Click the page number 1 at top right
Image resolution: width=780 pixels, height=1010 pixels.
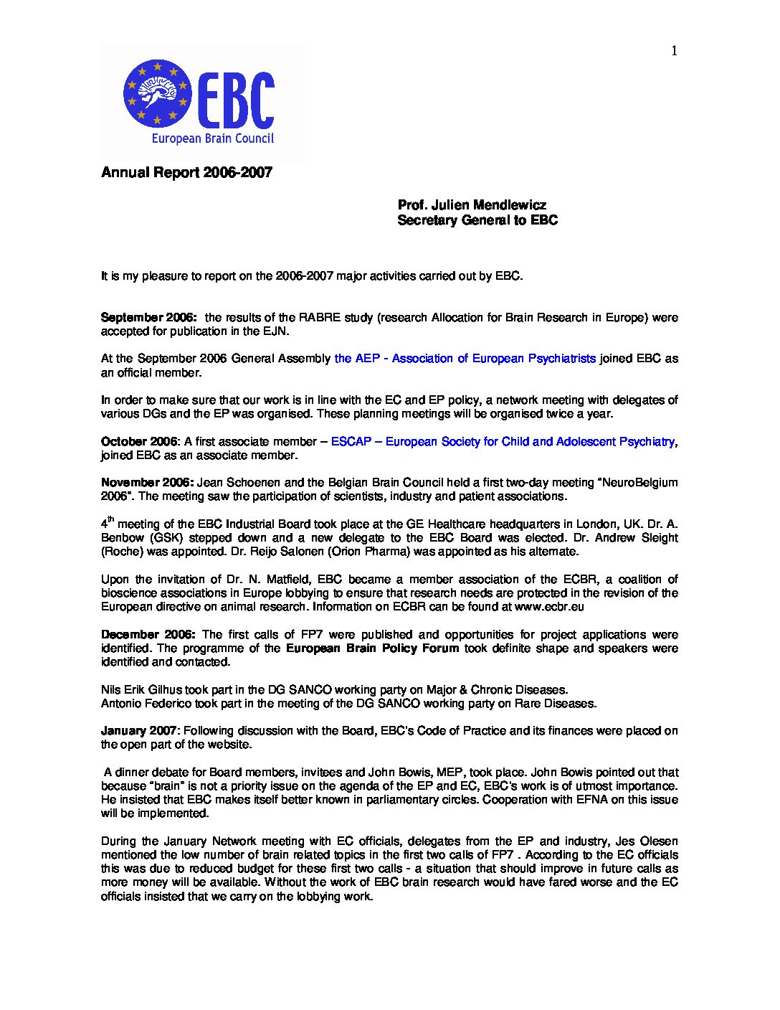[674, 50]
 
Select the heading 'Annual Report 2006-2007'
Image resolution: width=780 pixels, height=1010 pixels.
[186, 173]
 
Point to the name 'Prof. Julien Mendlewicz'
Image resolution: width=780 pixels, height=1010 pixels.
[472, 206]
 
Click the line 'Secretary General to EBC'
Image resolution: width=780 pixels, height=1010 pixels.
[477, 221]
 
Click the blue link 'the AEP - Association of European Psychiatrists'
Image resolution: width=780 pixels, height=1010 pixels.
[465, 359]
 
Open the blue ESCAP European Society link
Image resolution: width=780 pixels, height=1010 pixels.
[502, 442]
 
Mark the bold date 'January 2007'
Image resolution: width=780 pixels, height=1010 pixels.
[139, 731]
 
